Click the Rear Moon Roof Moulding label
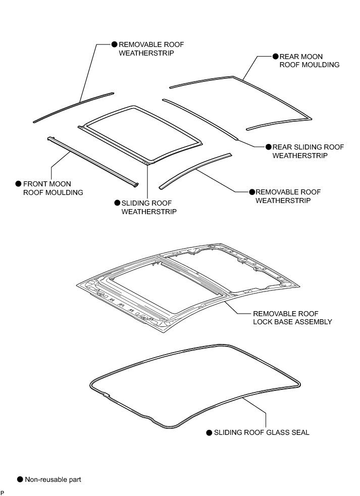point(309,61)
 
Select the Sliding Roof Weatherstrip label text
point(149,207)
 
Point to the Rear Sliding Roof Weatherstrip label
point(308,151)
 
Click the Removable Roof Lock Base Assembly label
point(292,317)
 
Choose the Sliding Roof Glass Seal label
point(262,432)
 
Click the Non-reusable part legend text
point(53,479)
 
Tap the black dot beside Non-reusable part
point(20,479)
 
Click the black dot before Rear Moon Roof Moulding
point(275,57)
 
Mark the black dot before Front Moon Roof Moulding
point(19,184)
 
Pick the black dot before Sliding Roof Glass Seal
point(209,433)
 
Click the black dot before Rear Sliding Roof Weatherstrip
point(268,147)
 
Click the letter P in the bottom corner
point(3,492)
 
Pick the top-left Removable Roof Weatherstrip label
point(151,48)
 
